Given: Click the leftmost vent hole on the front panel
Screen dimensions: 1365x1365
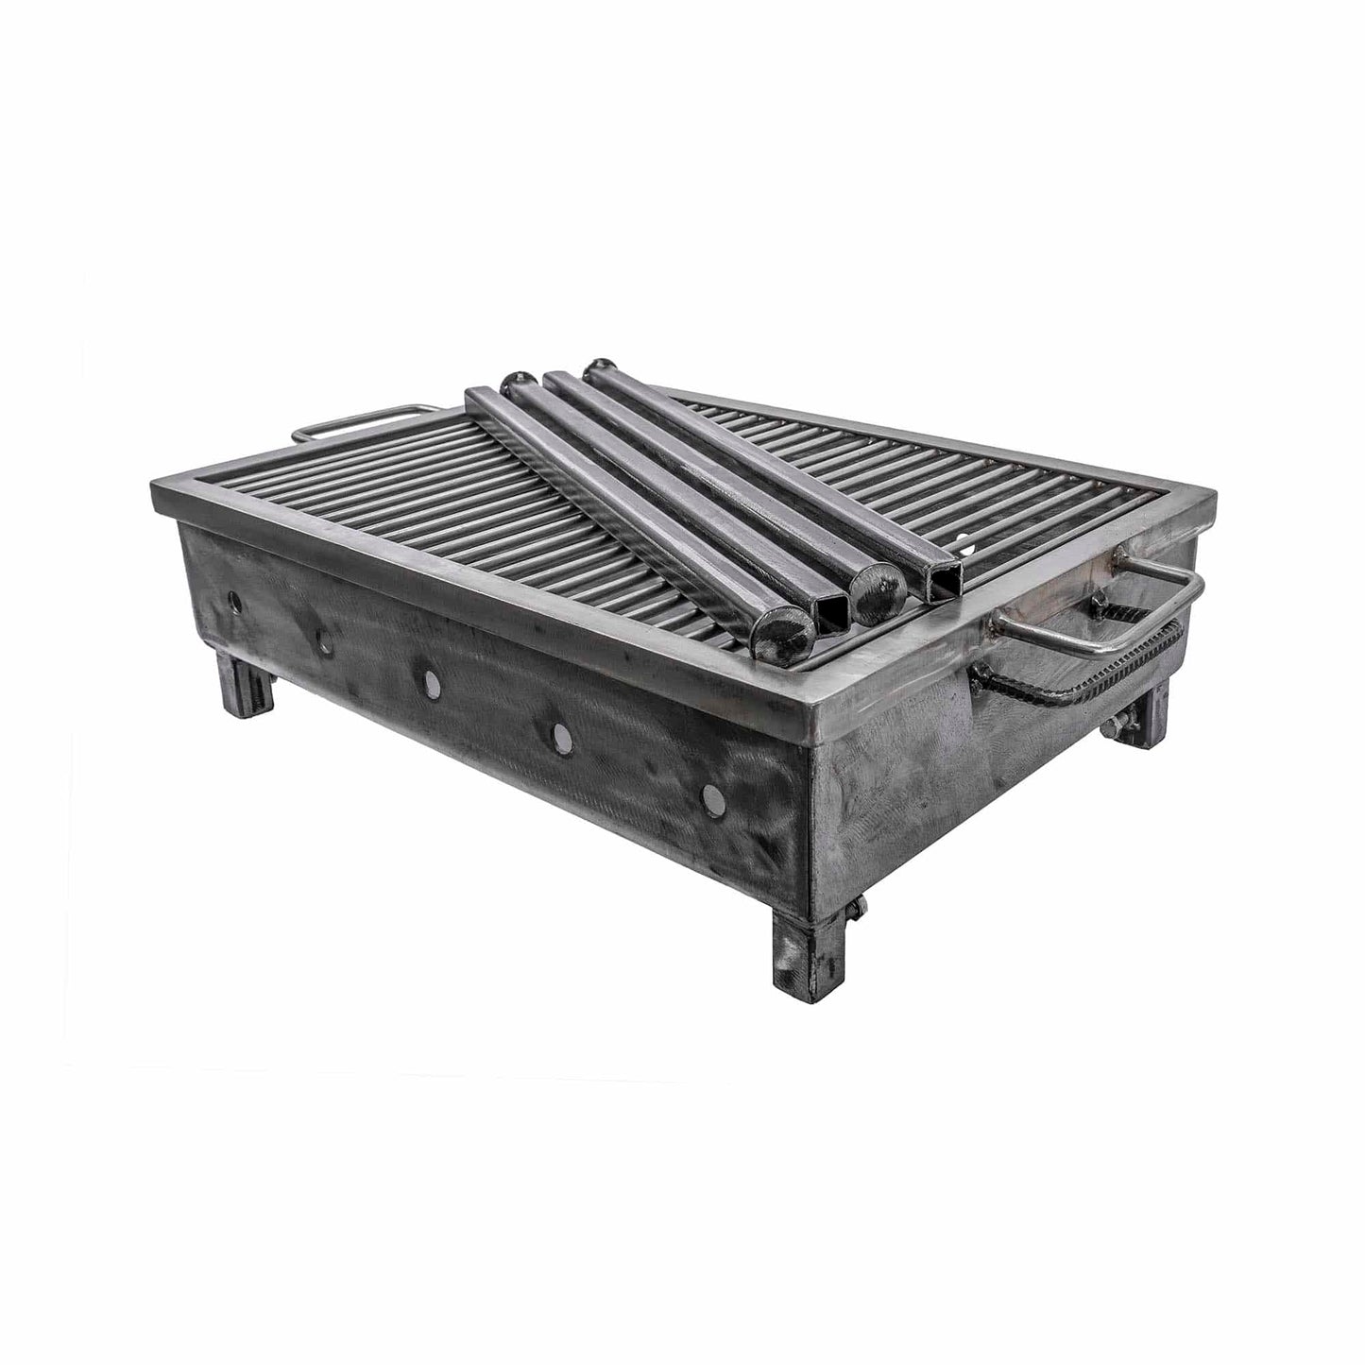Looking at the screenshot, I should [234, 602].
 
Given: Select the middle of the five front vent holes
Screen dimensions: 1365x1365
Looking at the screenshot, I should [432, 683].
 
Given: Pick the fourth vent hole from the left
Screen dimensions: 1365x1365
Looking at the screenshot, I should [561, 734].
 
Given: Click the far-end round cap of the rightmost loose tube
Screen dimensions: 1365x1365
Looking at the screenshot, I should [597, 367].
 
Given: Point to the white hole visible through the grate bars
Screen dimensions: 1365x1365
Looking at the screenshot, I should [964, 546].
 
